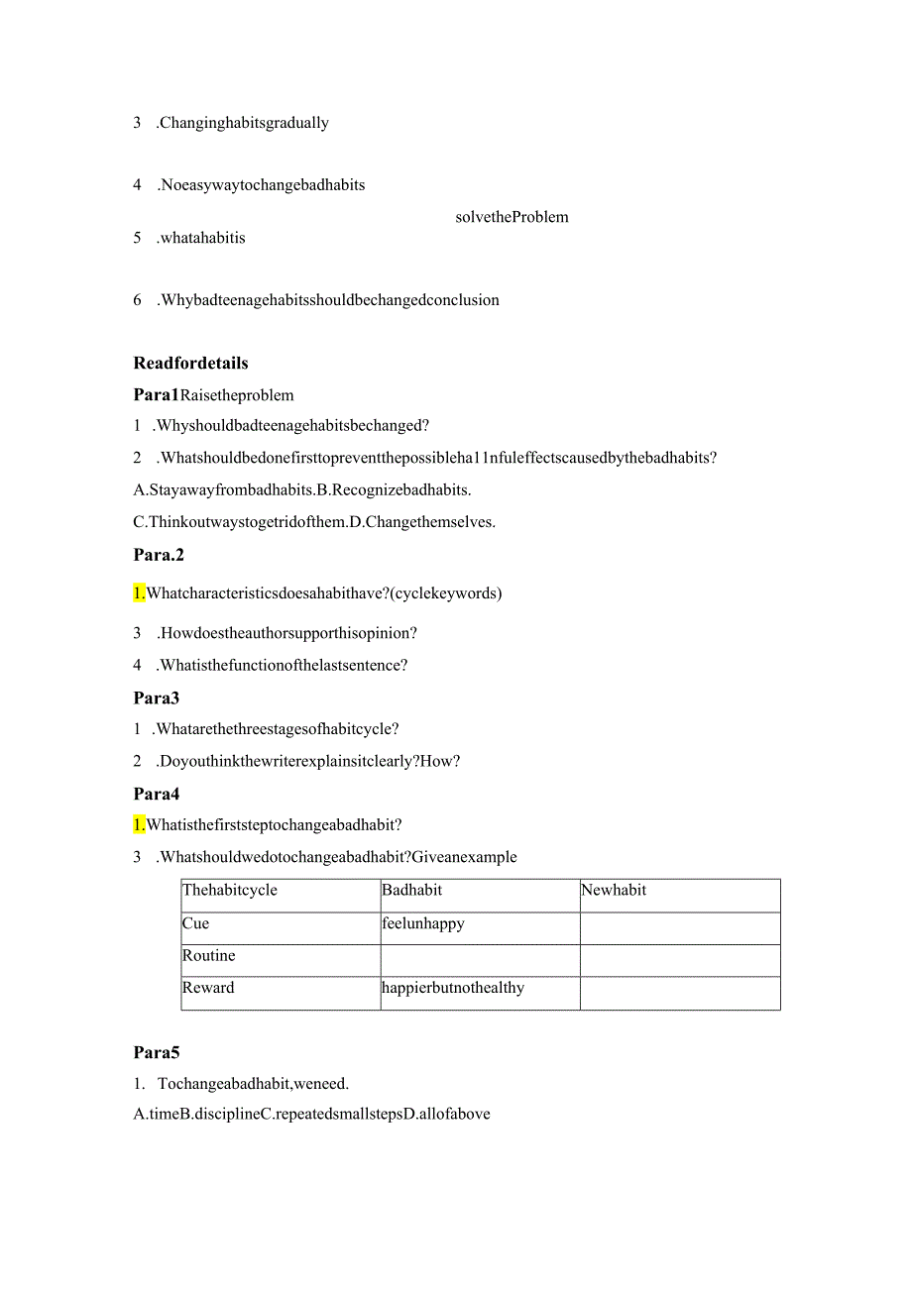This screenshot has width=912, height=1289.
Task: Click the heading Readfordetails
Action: [190, 363]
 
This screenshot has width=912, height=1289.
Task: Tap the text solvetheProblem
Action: [512, 217]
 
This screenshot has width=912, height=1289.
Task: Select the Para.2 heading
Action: [159, 555]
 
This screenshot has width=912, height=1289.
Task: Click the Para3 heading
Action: [156, 698]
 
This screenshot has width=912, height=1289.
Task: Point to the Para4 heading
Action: [156, 794]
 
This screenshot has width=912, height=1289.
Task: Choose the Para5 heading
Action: [156, 1052]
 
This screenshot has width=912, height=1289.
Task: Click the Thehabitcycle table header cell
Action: [230, 890]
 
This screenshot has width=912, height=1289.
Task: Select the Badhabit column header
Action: [412, 890]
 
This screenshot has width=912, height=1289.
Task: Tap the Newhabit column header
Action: [614, 890]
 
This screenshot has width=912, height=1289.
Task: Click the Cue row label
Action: [196, 923]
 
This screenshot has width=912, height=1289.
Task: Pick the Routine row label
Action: [209, 955]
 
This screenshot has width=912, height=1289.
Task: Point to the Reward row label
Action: [208, 988]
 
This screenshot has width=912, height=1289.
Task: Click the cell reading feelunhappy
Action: [423, 923]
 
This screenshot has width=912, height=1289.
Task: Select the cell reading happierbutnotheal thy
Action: [453, 988]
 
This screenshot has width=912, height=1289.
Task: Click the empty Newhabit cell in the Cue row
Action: [680, 928]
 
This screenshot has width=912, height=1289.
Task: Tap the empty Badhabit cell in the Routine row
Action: [480, 960]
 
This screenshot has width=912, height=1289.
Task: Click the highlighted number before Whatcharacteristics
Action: [139, 593]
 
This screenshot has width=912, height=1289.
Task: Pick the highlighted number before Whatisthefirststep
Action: [139, 824]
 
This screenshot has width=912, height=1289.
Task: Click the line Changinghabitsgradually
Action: [243, 123]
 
